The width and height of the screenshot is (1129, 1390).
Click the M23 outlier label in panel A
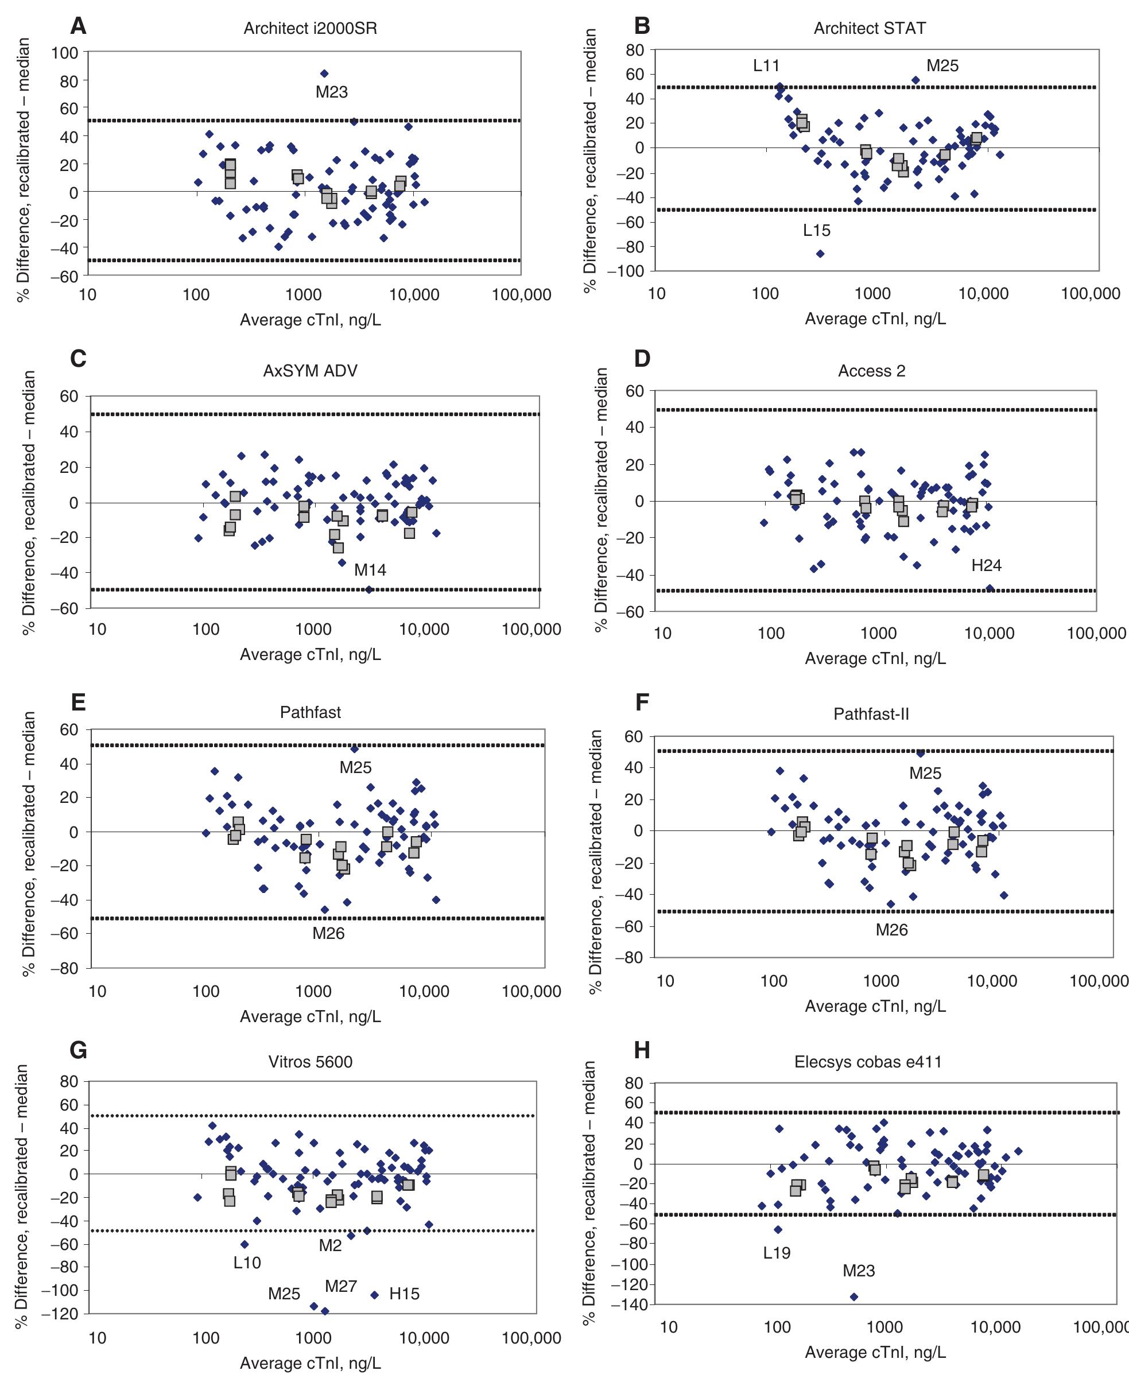coord(332,92)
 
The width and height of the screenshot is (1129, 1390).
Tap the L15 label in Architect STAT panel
coord(816,230)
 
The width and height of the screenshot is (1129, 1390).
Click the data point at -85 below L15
coord(820,254)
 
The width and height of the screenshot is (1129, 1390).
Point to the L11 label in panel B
coord(766,65)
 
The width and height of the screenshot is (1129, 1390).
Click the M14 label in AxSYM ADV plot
coord(370,570)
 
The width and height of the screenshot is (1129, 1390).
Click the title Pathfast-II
coord(871,714)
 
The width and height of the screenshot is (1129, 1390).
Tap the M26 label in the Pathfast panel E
coord(328,934)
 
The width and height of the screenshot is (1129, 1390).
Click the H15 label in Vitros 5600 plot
coord(404,1294)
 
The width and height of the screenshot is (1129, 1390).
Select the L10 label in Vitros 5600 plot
coord(247,1263)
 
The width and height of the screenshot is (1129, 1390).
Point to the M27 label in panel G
coord(341,1286)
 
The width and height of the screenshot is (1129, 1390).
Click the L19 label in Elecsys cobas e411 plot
coord(777,1253)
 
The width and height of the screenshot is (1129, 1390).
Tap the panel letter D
coord(642,359)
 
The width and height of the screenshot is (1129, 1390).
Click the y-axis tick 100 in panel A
coord(65,53)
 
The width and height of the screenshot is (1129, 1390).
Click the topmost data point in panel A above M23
coord(324,73)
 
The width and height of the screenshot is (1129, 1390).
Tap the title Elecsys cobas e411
coord(868,1062)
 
